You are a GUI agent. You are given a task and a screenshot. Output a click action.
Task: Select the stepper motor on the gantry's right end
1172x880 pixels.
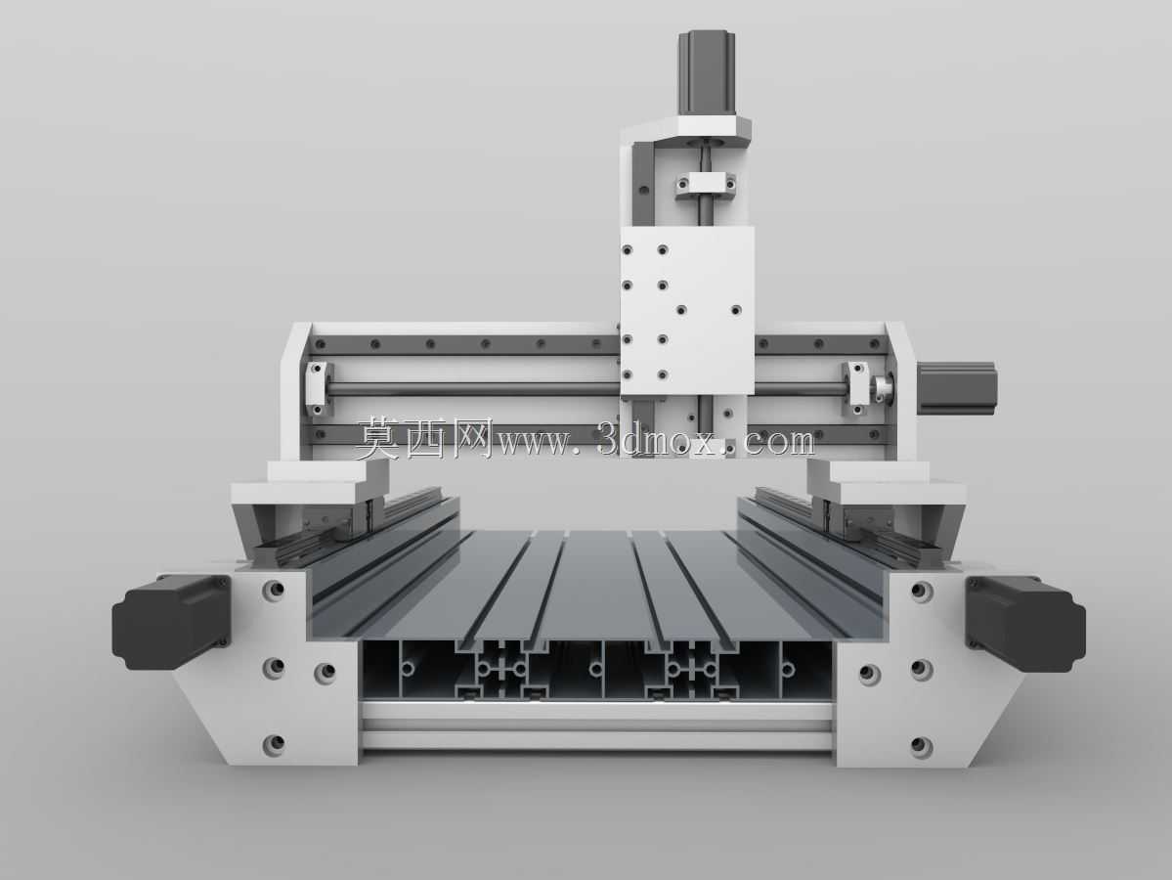point(957,385)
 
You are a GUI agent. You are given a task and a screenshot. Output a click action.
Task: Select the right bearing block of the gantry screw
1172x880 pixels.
point(855,387)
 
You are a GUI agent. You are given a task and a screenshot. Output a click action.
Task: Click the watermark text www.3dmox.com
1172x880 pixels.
point(656,441)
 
